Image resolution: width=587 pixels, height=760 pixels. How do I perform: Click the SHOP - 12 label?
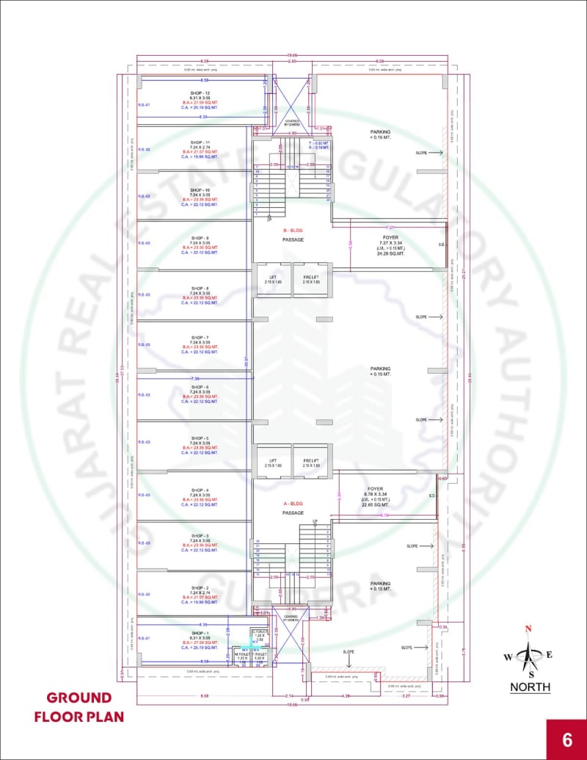click(x=200, y=93)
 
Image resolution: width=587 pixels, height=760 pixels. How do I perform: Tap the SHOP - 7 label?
click(x=200, y=337)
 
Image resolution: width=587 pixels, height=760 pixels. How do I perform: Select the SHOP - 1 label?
click(x=200, y=633)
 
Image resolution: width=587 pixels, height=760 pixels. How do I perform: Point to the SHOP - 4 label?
click(x=200, y=490)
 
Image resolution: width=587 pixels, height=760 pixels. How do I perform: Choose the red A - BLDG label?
click(x=293, y=503)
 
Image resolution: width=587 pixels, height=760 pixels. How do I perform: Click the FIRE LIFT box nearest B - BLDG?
click(x=311, y=279)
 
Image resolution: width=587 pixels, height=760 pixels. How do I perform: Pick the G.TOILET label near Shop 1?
click(x=258, y=632)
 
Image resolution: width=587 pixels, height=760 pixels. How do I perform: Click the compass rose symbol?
click(x=528, y=655)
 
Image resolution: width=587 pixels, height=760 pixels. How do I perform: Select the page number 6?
click(x=566, y=739)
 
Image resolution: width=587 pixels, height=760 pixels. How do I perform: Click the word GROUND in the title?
click(x=79, y=697)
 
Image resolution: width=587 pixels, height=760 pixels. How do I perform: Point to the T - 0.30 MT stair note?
click(x=318, y=142)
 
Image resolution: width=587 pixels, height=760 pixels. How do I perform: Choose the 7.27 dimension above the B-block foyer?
click(x=390, y=228)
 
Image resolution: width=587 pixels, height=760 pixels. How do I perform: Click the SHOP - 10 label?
click(x=200, y=190)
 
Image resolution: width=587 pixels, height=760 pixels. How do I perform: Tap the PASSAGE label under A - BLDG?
click(x=293, y=513)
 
